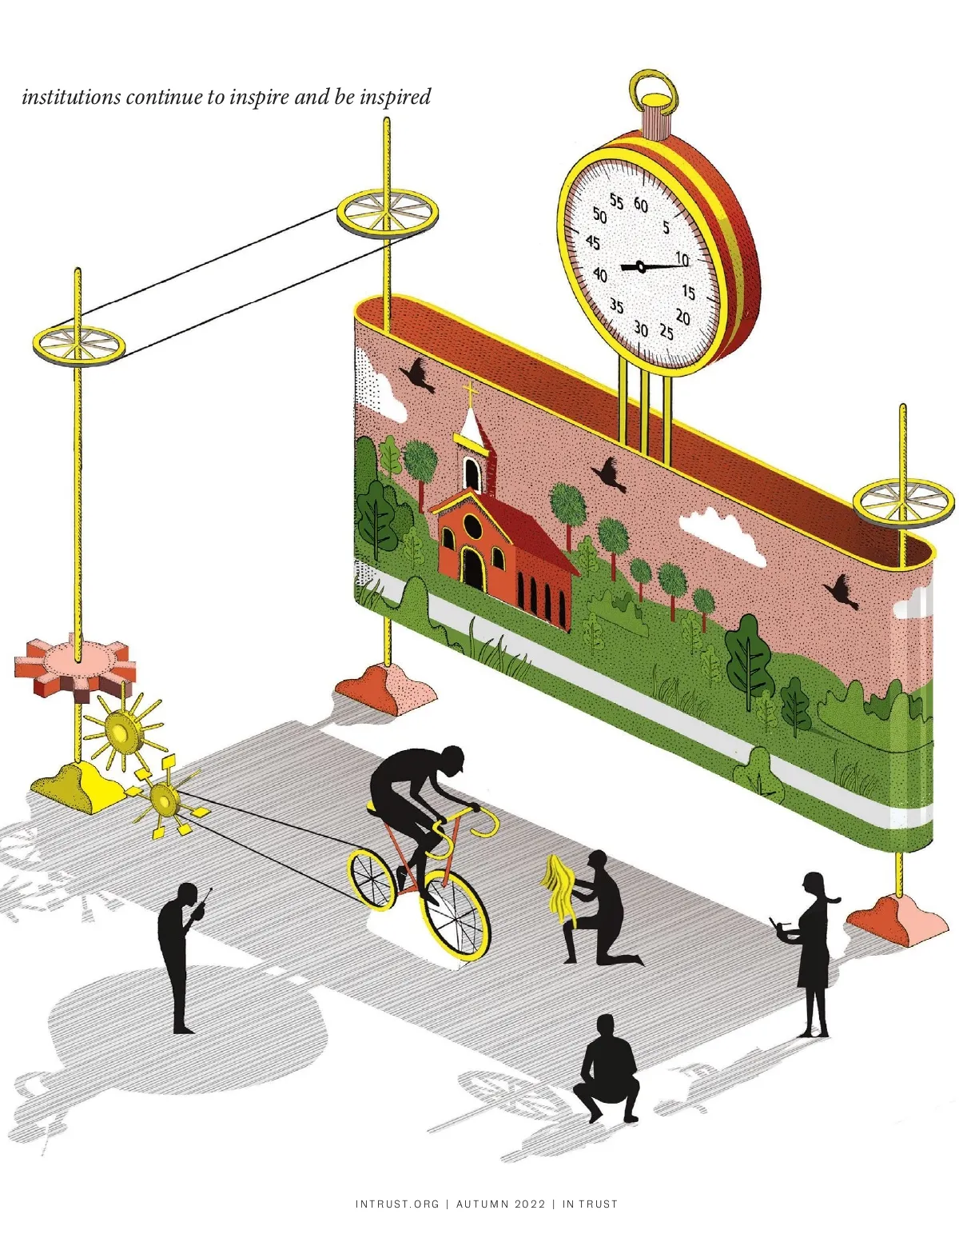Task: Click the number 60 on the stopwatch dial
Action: (641, 205)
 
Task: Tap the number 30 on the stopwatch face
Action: (641, 328)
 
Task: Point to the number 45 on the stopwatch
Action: (593, 242)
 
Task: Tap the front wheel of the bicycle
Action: (456, 916)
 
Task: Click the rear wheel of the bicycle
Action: (371, 878)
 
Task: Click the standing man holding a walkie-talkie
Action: (179, 956)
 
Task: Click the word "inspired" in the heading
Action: (395, 97)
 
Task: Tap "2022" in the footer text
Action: (531, 1204)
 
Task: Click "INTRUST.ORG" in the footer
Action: (397, 1204)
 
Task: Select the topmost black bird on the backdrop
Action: (419, 373)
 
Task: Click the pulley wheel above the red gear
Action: (79, 345)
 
